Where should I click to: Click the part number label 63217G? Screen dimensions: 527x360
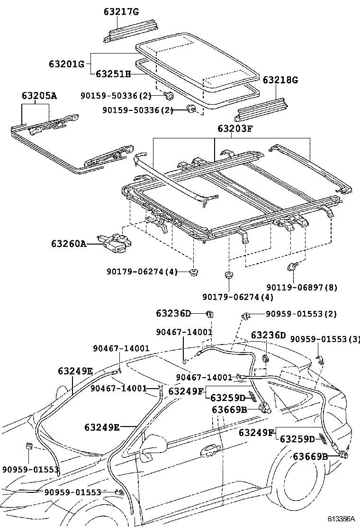pos(121,11)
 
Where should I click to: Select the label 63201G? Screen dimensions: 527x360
pos(66,63)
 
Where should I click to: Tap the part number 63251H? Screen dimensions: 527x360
pos(113,74)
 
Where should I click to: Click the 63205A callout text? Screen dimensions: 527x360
pos(38,96)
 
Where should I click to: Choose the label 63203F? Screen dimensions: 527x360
pos(235,128)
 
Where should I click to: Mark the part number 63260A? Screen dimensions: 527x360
pos(69,244)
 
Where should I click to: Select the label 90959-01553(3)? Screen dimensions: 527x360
pos(325,339)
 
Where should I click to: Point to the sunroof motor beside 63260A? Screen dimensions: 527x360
pos(116,242)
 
